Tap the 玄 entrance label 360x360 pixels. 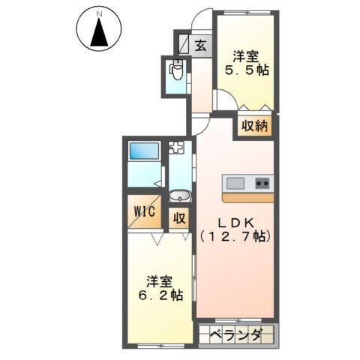[x=202, y=46]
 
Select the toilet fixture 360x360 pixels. [x=176, y=71]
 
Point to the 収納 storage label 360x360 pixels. [x=254, y=126]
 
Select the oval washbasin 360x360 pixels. [x=180, y=196]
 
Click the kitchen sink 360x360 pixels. [x=235, y=183]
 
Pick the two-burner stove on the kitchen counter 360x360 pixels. [x=262, y=183]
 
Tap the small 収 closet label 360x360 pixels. [x=180, y=218]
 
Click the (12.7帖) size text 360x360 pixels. [x=235, y=236]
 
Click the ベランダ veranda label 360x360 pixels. [x=235, y=335]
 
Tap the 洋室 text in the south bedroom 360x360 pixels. [x=160, y=281]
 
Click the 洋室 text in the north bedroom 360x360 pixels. [x=245, y=55]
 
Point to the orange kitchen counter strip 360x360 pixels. [x=248, y=198]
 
